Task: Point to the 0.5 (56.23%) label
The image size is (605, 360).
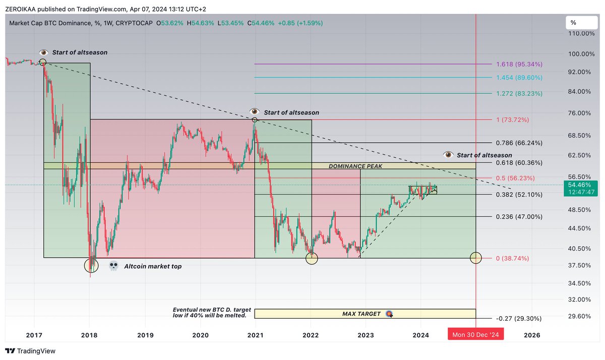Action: point(515,178)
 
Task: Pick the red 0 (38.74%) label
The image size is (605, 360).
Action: point(512,258)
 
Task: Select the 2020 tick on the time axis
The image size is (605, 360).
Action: point(200,335)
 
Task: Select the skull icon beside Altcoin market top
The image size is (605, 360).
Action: point(114,266)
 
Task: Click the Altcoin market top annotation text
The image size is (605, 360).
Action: point(152,266)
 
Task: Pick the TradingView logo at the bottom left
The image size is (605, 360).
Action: point(30,351)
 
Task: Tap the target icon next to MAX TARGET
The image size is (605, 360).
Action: point(389,314)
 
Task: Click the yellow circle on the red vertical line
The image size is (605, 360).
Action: point(476,258)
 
